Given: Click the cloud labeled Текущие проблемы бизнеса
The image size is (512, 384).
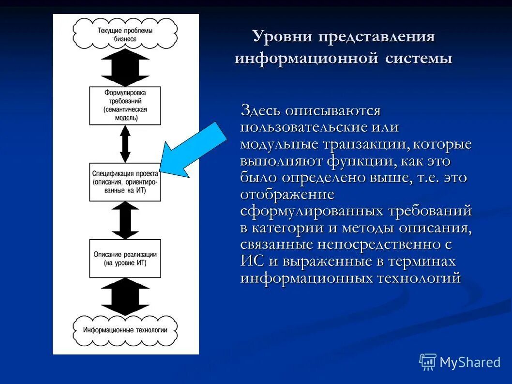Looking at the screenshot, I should [x=125, y=34].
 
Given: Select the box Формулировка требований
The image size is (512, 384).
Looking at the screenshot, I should [x=125, y=106].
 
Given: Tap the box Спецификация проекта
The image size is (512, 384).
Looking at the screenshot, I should [x=125, y=182].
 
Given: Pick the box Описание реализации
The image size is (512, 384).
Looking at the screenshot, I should [x=125, y=258].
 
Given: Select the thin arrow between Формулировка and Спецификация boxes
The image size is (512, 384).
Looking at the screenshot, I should [x=125, y=144].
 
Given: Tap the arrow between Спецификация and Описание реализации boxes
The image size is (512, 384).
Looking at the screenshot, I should [x=125, y=220].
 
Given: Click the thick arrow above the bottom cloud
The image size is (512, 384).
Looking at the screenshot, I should [x=125, y=296].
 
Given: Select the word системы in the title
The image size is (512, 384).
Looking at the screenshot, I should [x=419, y=59].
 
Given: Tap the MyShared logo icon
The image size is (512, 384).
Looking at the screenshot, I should [x=427, y=362].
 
